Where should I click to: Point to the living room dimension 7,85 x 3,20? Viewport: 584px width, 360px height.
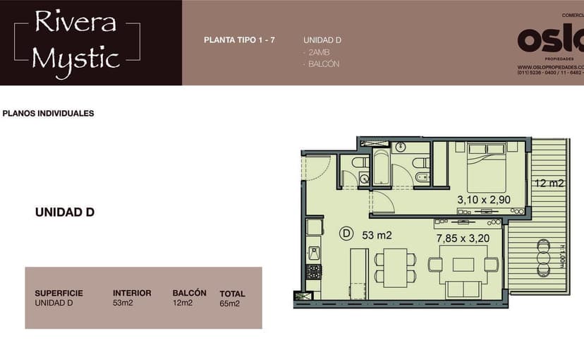(463, 238)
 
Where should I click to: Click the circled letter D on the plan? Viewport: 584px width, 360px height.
(346, 232)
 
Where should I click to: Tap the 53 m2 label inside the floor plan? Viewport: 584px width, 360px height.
(377, 235)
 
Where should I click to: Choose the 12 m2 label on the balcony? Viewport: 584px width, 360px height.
(549, 184)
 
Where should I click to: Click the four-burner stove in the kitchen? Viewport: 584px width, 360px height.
(313, 271)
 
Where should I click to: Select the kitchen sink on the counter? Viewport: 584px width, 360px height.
(314, 252)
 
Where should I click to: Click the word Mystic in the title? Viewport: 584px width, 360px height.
(77, 58)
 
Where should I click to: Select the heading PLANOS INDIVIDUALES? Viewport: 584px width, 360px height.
(49, 113)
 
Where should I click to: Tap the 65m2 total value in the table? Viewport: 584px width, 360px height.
(229, 304)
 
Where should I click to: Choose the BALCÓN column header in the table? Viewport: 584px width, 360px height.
(189, 293)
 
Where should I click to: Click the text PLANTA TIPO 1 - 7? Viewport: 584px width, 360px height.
(239, 40)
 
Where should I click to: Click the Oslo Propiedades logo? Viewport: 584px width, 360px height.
(550, 41)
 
